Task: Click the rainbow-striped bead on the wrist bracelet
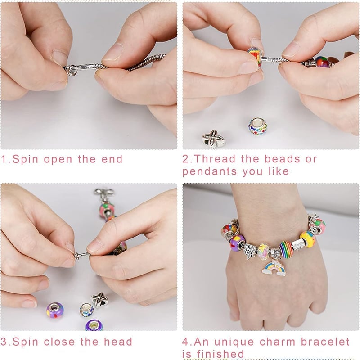coord(286,248)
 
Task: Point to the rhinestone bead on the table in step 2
coord(258,126)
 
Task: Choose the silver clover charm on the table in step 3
coord(100,299)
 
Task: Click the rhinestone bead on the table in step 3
coord(86,310)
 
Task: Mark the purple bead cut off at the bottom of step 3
coord(94,325)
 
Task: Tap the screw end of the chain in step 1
coord(71,70)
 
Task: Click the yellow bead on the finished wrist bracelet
coord(307,239)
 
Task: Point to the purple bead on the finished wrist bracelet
coord(237,243)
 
